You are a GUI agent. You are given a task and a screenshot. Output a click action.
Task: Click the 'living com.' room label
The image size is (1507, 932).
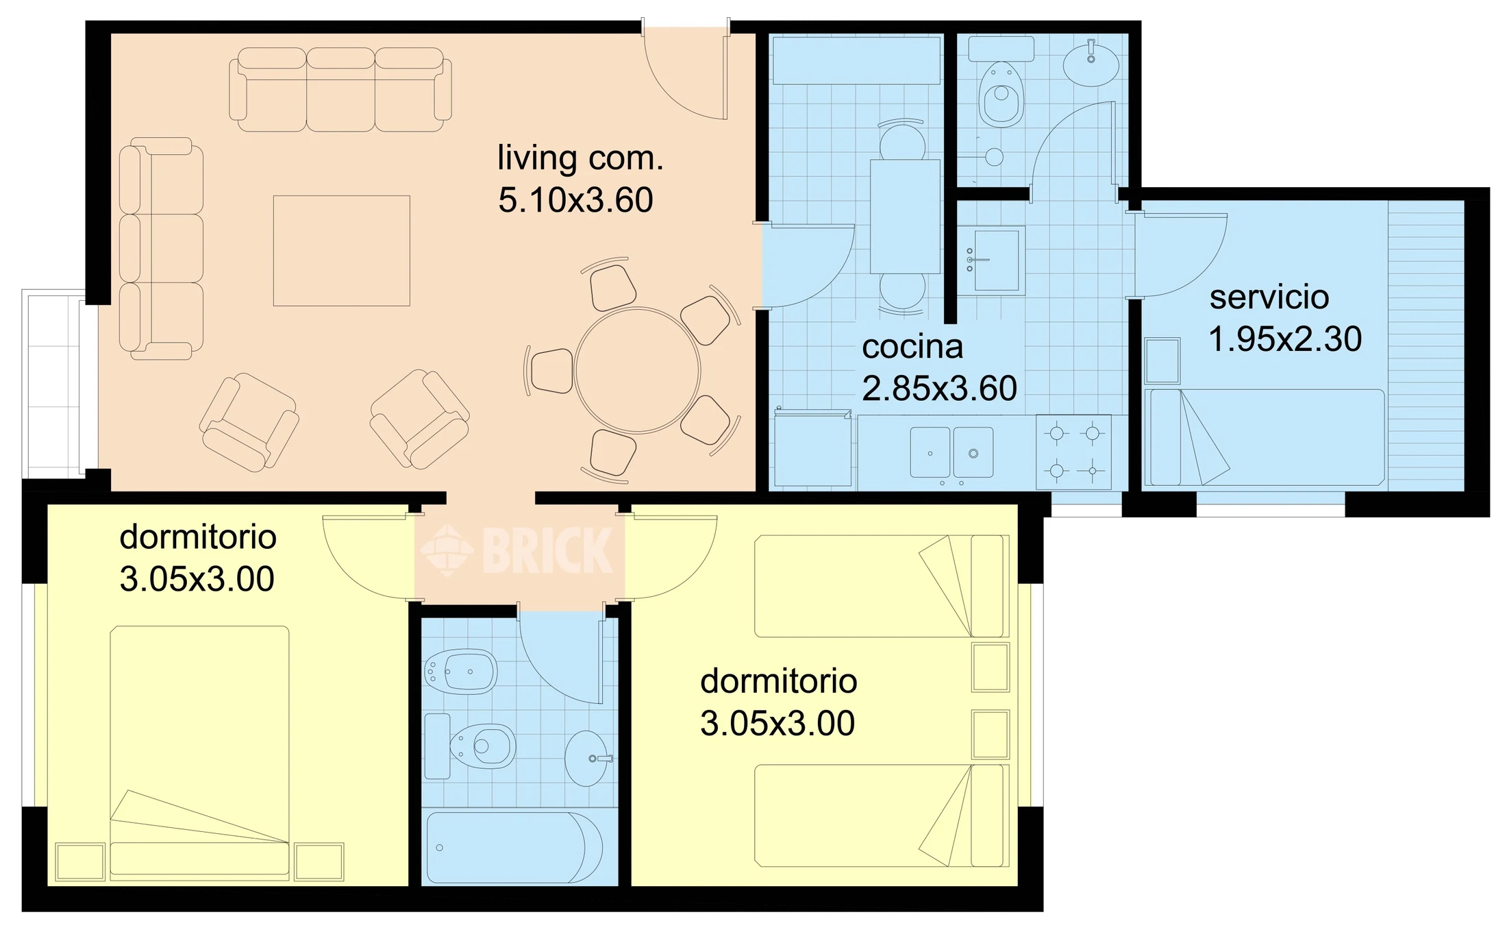[580, 159]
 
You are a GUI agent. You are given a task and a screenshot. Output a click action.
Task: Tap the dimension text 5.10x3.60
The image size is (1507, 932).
[575, 200]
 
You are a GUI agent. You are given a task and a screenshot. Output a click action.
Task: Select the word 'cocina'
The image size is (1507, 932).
[912, 347]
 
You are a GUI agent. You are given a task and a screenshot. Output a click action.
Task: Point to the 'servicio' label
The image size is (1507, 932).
[1269, 297]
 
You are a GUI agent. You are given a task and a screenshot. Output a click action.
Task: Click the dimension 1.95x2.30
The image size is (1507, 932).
[1285, 339]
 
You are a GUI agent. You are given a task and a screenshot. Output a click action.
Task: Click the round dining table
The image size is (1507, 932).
[637, 371]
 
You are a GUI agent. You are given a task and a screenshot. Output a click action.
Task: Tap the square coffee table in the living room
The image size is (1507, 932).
[342, 251]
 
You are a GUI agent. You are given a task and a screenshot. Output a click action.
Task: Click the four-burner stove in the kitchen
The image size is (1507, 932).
[1073, 452]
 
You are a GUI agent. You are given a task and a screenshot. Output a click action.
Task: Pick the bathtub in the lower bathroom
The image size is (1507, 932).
[514, 848]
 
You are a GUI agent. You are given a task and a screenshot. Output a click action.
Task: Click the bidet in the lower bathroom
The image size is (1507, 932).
[460, 672]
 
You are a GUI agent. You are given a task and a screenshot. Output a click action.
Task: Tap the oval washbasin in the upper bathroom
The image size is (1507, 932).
[1091, 63]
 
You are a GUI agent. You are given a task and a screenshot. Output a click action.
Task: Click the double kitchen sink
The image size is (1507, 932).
[951, 452]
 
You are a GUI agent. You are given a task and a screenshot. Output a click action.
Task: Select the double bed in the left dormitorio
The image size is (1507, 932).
[199, 752]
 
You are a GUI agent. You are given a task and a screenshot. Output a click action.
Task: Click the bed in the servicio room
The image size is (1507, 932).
[1265, 438]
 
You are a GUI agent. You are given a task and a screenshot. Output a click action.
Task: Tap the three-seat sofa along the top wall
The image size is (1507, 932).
[340, 89]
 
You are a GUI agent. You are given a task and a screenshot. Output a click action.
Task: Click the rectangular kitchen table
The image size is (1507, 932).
[905, 217]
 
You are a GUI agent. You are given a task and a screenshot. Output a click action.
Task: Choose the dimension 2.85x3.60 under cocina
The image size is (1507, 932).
[939, 389]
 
